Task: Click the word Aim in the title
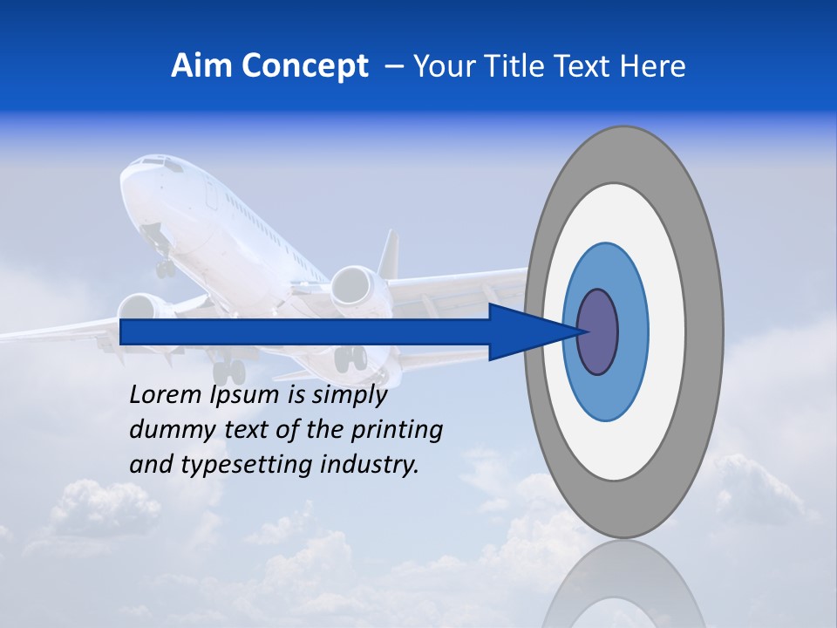(201, 65)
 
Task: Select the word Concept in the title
(304, 66)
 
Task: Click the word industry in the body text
(365, 465)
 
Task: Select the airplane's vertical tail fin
(389, 253)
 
